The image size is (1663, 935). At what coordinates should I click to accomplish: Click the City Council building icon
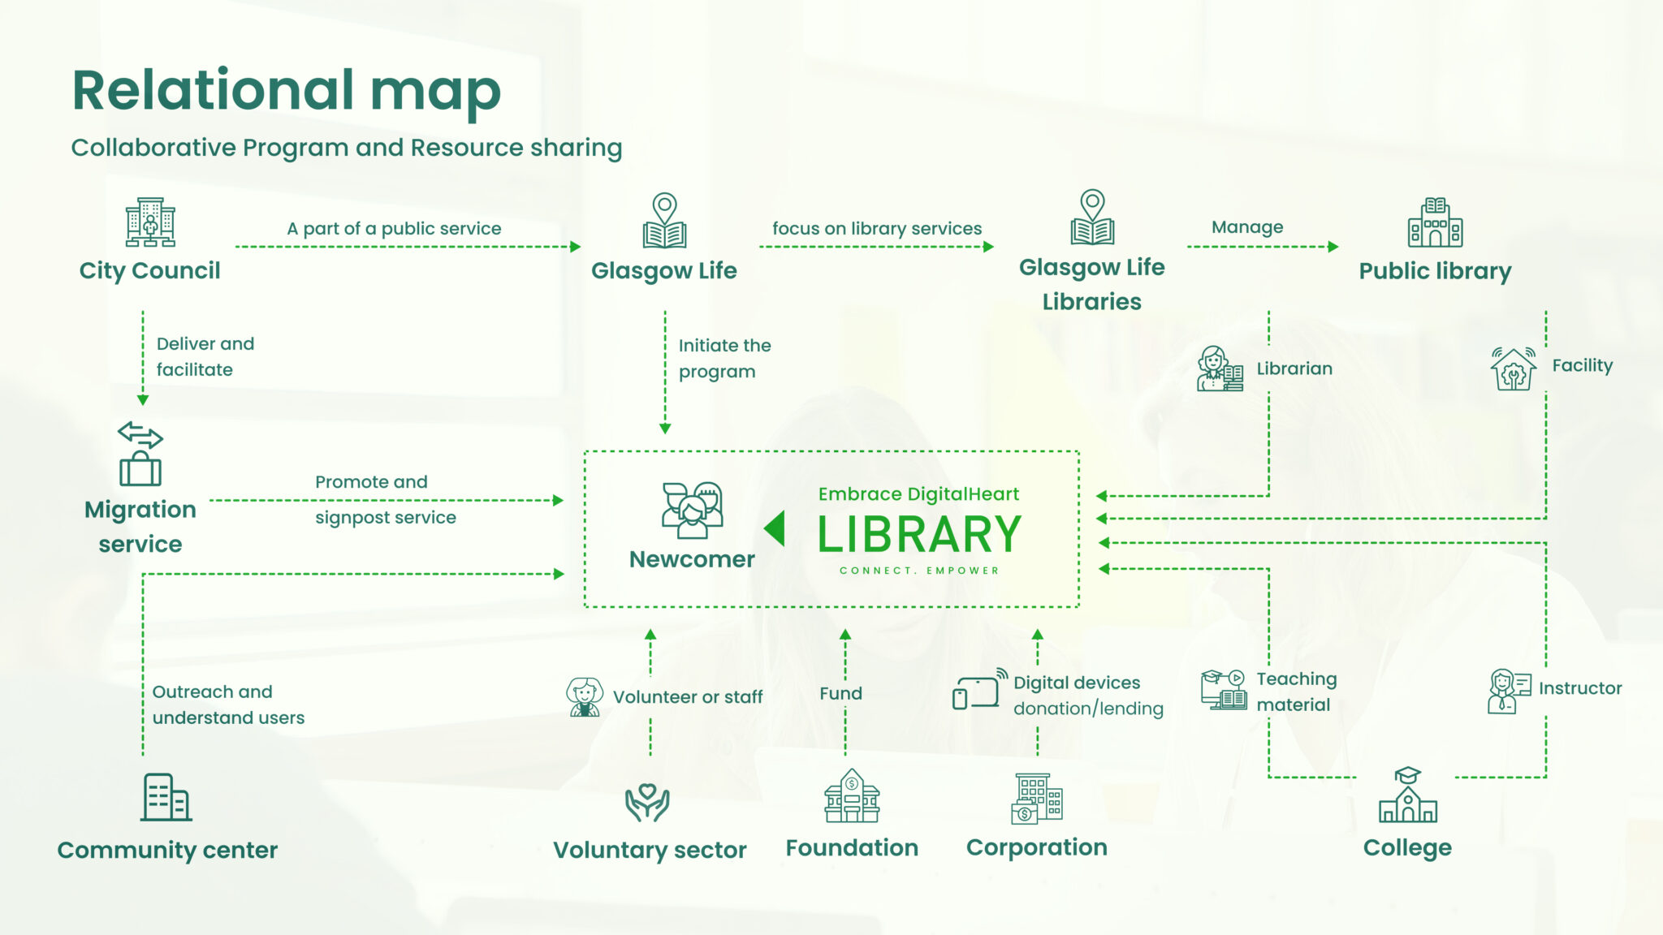[150, 222]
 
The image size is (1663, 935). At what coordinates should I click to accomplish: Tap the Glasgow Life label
[663, 270]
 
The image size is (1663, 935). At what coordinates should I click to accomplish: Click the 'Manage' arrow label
[1247, 227]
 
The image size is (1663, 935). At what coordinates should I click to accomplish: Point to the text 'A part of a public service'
[394, 229]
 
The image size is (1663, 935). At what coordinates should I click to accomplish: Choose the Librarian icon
[1220, 369]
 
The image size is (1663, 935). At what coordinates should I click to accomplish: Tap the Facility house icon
[1513, 368]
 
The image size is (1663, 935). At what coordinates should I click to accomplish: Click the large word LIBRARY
[919, 535]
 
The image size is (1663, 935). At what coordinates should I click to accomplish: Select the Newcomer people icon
[692, 511]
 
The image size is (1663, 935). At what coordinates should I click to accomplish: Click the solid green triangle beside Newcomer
[775, 528]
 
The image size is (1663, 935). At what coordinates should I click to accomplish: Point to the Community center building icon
[166, 797]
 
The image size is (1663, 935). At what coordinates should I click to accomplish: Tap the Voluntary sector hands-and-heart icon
[647, 802]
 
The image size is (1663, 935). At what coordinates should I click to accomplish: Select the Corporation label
[1036, 847]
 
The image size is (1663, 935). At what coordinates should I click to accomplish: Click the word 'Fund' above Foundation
[840, 694]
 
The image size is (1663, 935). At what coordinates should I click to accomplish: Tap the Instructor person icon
[1508, 691]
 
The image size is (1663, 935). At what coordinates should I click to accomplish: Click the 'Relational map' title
[287, 90]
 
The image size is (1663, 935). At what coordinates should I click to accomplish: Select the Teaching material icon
[1224, 690]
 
